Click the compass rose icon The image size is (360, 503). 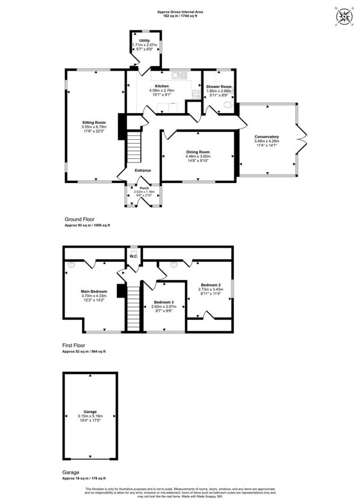tap(345, 16)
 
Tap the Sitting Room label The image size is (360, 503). tap(94, 123)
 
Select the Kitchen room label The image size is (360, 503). tap(162, 86)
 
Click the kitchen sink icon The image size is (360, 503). tap(180, 75)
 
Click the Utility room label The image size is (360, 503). tap(144, 41)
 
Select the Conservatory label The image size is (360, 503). tap(266, 137)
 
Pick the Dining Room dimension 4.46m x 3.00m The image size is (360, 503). tap(198, 157)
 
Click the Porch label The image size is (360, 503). tap(144, 188)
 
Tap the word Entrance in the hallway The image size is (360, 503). tap(143, 170)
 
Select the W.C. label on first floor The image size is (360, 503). tap(133, 256)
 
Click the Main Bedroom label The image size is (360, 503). tap(94, 292)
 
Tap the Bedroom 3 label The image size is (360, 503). tap(164, 302)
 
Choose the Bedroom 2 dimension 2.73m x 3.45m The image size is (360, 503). tap(210, 290)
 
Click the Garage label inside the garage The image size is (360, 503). tap(90, 412)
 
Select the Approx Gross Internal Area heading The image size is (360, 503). tap(180, 12)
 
